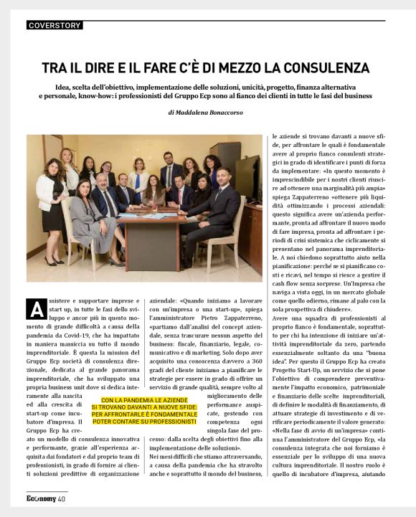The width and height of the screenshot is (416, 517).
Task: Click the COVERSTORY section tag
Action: click(55, 26)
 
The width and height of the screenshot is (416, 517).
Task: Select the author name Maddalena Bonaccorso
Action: click(215, 113)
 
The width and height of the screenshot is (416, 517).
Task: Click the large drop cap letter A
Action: click(35, 309)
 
